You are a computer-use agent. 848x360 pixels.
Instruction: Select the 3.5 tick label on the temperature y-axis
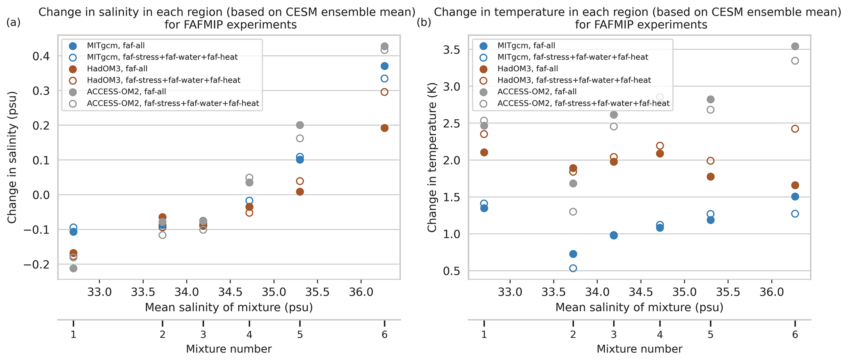tap(451, 50)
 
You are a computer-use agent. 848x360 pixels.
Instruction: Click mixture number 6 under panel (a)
tap(384, 335)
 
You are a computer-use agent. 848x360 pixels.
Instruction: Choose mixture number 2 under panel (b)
tap(573, 335)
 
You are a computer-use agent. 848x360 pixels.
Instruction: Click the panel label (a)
tap(13, 23)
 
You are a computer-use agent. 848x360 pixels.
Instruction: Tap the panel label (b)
tap(424, 23)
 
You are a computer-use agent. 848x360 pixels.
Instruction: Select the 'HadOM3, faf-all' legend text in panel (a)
tap(117, 69)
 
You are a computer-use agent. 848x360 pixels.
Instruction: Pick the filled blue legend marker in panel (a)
tap(73, 46)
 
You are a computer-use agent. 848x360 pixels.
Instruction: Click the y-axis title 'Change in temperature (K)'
tap(432, 157)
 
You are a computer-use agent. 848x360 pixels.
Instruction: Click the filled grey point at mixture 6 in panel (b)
tap(795, 46)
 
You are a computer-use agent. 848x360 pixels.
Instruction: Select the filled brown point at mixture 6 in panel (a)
tap(384, 128)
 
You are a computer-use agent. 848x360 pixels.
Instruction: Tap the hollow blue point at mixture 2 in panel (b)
tap(573, 268)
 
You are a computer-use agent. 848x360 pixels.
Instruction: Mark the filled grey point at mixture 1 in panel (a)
tap(73, 268)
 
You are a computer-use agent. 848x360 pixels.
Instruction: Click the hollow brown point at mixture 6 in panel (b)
tap(795, 129)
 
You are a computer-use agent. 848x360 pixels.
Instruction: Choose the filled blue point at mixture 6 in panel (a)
tap(384, 66)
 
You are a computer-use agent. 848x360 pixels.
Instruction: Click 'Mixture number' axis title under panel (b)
tap(639, 349)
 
